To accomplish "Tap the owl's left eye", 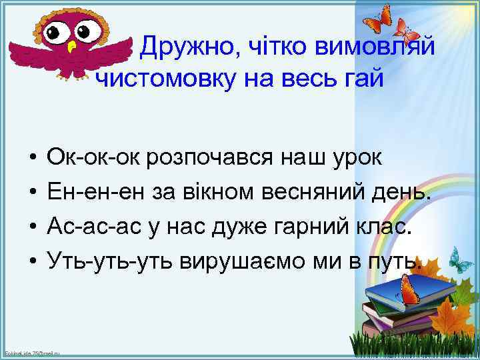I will click(58, 30).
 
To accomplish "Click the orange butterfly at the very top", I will click(379, 17).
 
